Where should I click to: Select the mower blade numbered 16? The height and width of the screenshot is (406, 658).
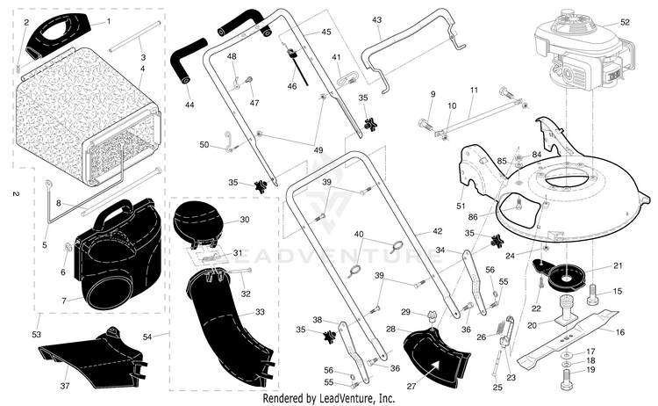[x=568, y=337]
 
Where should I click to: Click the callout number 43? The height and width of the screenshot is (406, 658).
[x=377, y=19]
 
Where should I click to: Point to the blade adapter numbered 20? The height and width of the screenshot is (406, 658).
[x=568, y=310]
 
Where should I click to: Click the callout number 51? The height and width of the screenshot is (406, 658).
[x=461, y=206]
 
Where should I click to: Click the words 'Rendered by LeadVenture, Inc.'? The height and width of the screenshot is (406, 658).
[x=329, y=398]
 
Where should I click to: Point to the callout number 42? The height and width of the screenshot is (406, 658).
[x=437, y=231]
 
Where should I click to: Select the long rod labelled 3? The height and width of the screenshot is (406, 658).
[x=135, y=37]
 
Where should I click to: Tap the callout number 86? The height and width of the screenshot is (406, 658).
[x=473, y=217]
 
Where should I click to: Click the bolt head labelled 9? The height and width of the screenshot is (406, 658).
[x=424, y=124]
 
